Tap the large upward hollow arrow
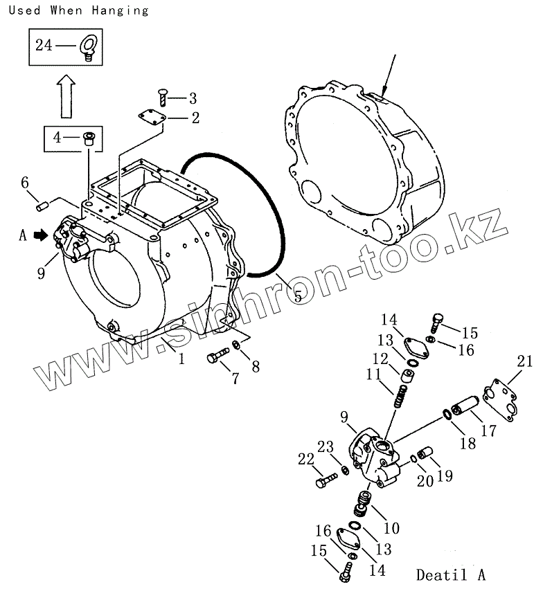pos(65,96)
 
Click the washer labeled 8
pos(237,345)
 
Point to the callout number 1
pos(181,359)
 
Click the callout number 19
pos(444,475)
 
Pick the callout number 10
pos(391,528)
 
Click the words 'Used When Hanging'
pos(75,10)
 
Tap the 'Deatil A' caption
pos(451,574)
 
